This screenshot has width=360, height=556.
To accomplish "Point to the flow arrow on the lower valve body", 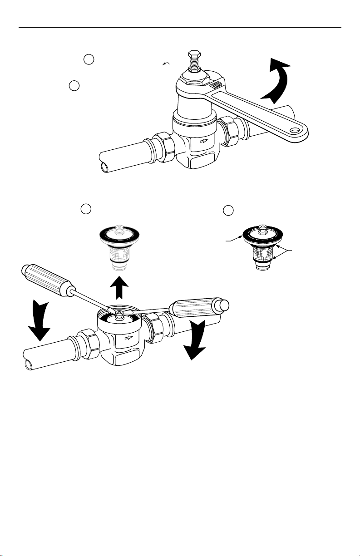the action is [129, 338].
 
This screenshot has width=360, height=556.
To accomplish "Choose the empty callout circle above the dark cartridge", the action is [229, 211].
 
